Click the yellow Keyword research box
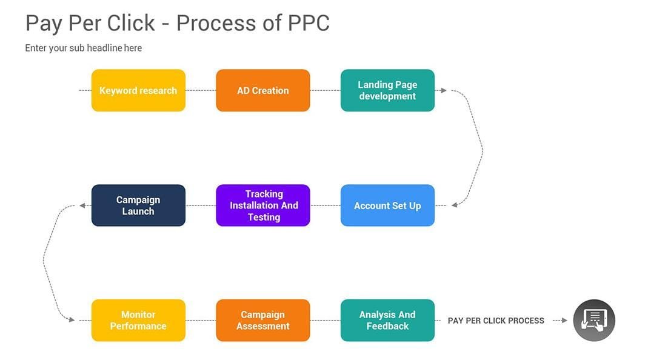[x=138, y=90]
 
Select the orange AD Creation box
[x=262, y=90]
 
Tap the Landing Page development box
[x=387, y=90]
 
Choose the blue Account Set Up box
[x=387, y=205]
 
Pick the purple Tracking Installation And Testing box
[x=262, y=205]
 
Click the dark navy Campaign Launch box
[x=138, y=205]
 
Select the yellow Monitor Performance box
[x=138, y=320]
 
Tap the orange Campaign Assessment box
[x=262, y=320]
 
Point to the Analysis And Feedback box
[x=387, y=320]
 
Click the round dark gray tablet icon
[x=594, y=320]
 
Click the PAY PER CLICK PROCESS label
[x=496, y=321]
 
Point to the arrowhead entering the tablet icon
[x=564, y=321]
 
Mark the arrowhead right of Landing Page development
[x=444, y=90]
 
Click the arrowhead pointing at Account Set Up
[x=455, y=205]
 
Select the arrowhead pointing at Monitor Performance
[x=72, y=320]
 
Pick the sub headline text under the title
[x=83, y=48]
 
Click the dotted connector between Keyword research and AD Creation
[x=201, y=90]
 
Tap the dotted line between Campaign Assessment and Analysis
[x=325, y=320]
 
